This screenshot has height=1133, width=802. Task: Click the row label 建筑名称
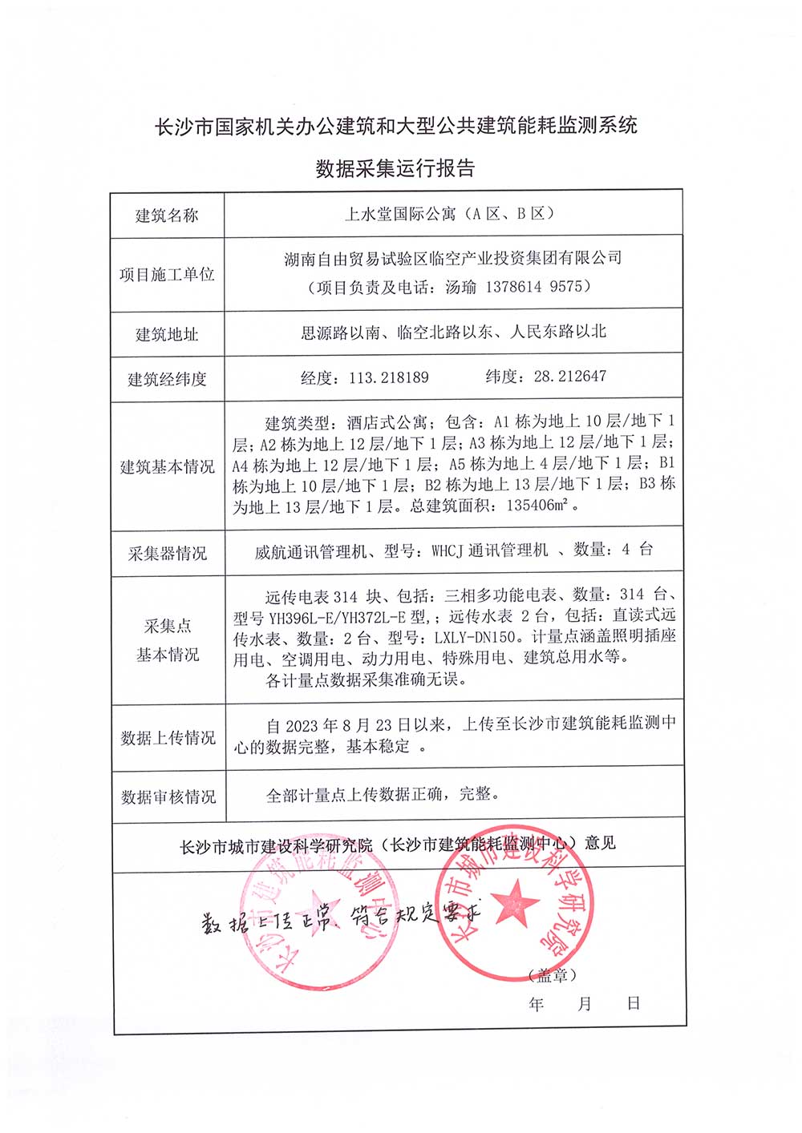click(167, 216)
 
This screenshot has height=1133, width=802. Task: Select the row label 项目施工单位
click(167, 275)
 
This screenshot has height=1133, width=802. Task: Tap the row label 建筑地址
click(167, 334)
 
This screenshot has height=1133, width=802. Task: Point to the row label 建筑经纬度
click(167, 379)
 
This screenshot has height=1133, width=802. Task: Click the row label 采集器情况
click(167, 554)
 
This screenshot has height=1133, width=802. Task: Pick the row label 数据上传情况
click(168, 738)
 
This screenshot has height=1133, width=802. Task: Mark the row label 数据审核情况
click(168, 797)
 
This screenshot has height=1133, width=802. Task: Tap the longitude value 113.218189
click(389, 377)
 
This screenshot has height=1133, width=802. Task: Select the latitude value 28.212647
click(570, 376)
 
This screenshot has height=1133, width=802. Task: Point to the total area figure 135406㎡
click(537, 506)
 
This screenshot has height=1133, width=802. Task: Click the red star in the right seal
click(514, 904)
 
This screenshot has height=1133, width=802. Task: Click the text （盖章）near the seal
click(553, 975)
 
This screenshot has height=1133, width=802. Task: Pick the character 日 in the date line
click(634, 1003)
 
